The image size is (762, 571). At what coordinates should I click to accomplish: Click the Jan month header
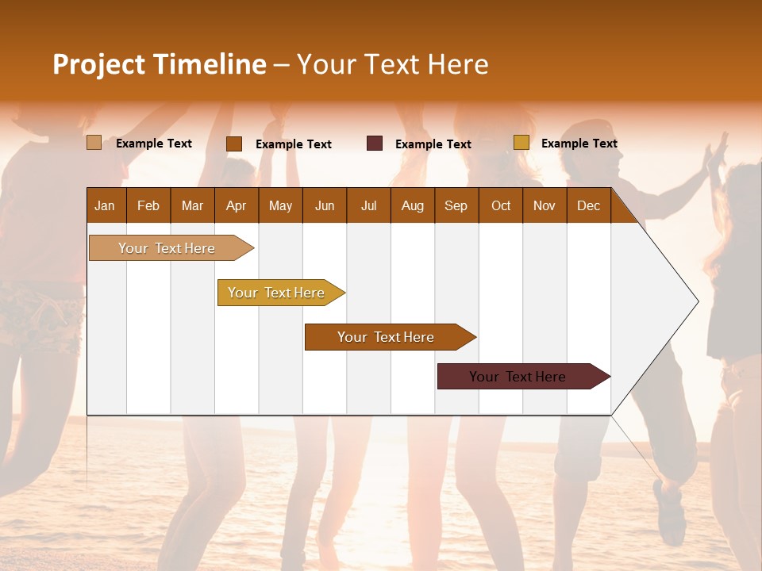[105, 206]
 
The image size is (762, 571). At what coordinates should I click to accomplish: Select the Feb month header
[148, 206]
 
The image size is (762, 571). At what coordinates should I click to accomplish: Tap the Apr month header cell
[236, 206]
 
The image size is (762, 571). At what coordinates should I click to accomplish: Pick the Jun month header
[325, 206]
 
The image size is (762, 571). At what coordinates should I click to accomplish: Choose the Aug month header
[412, 206]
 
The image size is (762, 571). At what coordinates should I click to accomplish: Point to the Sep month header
[456, 206]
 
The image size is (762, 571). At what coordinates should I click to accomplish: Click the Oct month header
[501, 206]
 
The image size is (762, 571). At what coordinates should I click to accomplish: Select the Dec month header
[588, 206]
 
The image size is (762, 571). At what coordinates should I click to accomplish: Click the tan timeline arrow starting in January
[167, 248]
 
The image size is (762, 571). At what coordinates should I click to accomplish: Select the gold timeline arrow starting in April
[277, 293]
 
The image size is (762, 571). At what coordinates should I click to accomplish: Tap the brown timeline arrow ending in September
[387, 337]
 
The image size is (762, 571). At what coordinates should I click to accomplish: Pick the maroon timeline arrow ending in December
[518, 377]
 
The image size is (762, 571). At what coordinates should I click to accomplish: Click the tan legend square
[94, 143]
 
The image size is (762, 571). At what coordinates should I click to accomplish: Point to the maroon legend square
[375, 144]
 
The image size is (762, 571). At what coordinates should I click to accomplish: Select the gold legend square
[521, 143]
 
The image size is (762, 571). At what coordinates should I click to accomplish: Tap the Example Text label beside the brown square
[293, 144]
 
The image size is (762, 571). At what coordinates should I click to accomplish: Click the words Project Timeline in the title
[159, 64]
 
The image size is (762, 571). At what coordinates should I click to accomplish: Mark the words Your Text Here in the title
[392, 64]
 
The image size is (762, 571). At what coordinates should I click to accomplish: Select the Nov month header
[544, 206]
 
